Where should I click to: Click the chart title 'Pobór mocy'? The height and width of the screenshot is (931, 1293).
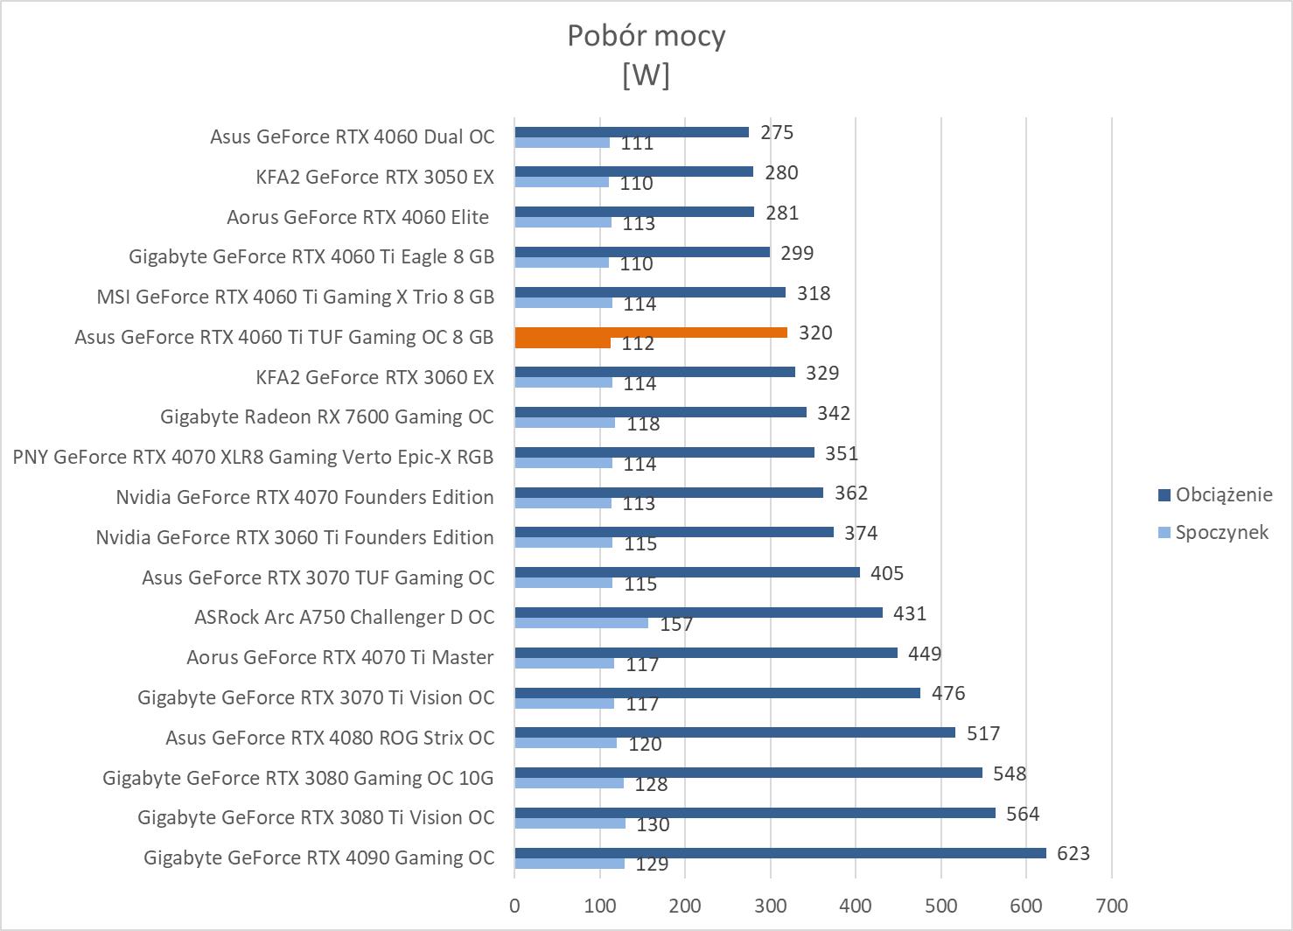646,36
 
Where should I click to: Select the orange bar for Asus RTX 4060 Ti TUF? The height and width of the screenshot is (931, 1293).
651,332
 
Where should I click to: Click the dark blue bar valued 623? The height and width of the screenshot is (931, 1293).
780,853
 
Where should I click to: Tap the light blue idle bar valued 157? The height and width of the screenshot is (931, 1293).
582,623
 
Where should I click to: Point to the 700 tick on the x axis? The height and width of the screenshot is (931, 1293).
1111,906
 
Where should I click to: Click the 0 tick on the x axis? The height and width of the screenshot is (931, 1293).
514,906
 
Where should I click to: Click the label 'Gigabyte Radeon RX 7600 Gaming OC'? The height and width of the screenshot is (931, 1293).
327,416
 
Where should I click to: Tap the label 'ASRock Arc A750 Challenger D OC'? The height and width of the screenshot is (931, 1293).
344,617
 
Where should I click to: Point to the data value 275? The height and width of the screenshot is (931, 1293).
777,132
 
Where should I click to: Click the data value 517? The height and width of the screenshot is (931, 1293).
983,733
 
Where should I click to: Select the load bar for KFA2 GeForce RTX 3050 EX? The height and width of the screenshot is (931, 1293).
634,171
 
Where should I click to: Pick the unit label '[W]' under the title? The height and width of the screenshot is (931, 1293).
646,75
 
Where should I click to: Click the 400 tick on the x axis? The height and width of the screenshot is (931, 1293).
856,906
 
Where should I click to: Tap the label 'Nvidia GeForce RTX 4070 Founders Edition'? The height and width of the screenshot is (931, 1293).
304,497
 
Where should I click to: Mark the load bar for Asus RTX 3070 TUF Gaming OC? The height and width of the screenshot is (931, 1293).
688,572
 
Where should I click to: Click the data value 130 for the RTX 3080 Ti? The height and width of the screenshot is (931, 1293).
653,824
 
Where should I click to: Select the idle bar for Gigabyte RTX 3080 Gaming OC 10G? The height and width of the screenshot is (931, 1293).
570,783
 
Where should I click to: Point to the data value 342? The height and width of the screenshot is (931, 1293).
834,413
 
